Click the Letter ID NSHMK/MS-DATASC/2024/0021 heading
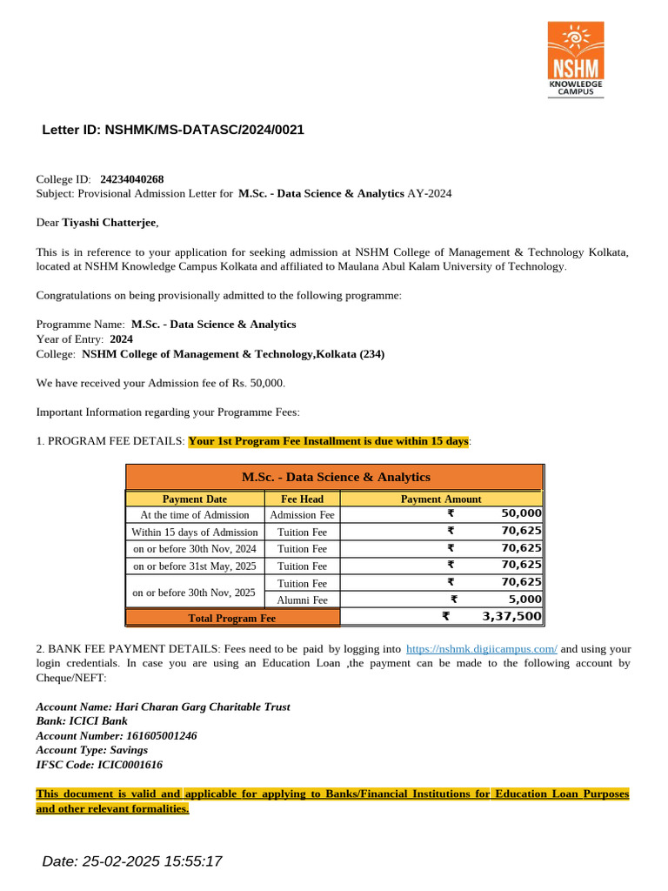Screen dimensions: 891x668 [173, 131]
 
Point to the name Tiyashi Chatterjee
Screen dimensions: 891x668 [110, 223]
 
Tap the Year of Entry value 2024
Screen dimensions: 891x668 [122, 338]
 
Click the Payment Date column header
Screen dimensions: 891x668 [195, 499]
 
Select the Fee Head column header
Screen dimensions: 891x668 [302, 499]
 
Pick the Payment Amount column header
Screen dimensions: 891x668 [441, 499]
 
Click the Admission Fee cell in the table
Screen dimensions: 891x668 [302, 515]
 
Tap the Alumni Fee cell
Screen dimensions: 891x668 [302, 600]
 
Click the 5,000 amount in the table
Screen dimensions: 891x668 [524, 600]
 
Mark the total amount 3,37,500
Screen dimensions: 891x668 [511, 617]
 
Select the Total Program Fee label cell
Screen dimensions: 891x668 [232, 618]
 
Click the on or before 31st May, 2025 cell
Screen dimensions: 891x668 [195, 566]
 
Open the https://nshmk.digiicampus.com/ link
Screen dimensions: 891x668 [482, 649]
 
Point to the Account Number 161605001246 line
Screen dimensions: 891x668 [117, 735]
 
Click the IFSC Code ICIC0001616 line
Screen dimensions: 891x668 [99, 765]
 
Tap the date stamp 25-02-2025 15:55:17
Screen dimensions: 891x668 [132, 861]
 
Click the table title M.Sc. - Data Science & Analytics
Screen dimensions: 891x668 [335, 477]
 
